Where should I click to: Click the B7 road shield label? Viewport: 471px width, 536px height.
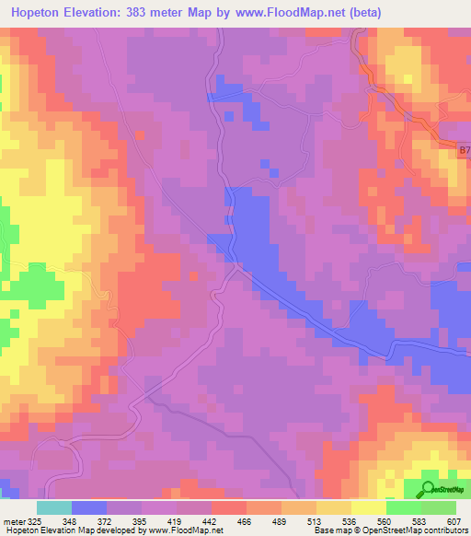coord(464,146)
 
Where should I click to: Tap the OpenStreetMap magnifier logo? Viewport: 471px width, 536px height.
coord(429,488)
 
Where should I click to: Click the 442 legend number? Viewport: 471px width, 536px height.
coord(211,520)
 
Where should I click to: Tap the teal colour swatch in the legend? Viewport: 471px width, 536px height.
coord(54,507)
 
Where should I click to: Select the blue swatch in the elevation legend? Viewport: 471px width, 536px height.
coord(89,507)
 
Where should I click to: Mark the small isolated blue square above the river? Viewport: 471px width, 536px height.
coord(272,170)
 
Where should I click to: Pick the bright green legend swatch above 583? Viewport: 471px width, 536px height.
coord(403,507)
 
